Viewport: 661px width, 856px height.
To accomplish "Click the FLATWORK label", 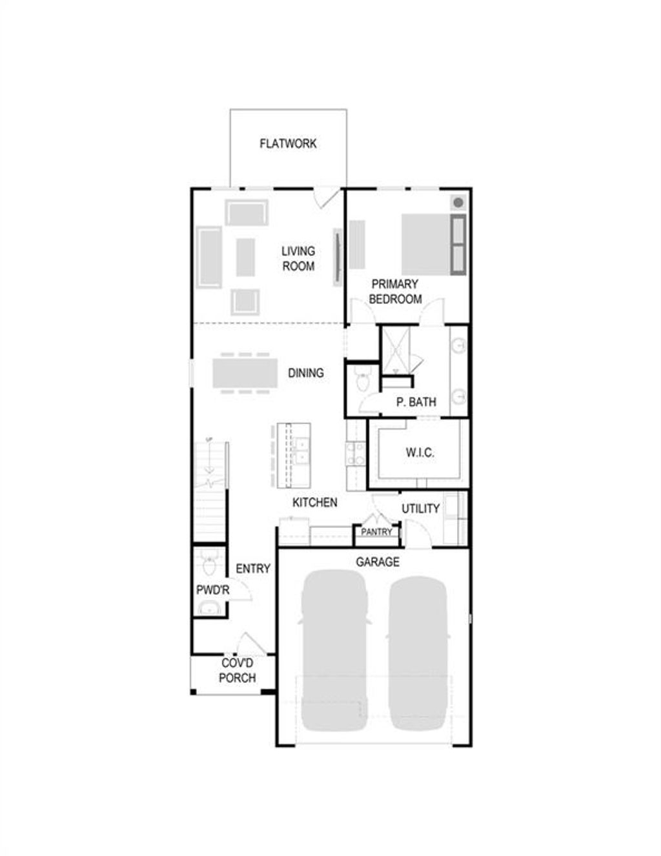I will (288, 143).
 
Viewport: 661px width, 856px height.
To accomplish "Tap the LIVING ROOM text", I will (298, 258).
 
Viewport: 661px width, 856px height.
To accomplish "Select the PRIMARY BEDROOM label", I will (395, 291).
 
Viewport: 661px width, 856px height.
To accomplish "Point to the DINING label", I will (305, 372).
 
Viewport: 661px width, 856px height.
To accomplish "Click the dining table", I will (245, 372).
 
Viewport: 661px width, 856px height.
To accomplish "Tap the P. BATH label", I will (416, 402).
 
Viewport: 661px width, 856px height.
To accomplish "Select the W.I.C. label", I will (420, 453).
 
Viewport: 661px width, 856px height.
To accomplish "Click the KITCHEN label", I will (314, 502).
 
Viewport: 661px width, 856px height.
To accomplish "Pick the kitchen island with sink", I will (294, 455).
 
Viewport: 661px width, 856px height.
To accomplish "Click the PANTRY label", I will (376, 532).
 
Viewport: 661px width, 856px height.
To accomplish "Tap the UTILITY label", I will (420, 509).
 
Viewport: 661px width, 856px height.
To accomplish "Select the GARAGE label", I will (378, 562).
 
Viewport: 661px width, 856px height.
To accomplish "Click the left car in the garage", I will (334, 649).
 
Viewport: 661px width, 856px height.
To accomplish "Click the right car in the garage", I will (419, 652).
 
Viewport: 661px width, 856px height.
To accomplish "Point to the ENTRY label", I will (252, 569).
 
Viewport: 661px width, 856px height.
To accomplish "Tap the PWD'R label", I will (212, 590).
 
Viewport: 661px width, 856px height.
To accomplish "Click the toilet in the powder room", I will (209, 565).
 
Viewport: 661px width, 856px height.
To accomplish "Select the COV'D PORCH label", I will (237, 671).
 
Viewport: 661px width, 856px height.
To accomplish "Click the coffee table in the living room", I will (245, 257).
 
